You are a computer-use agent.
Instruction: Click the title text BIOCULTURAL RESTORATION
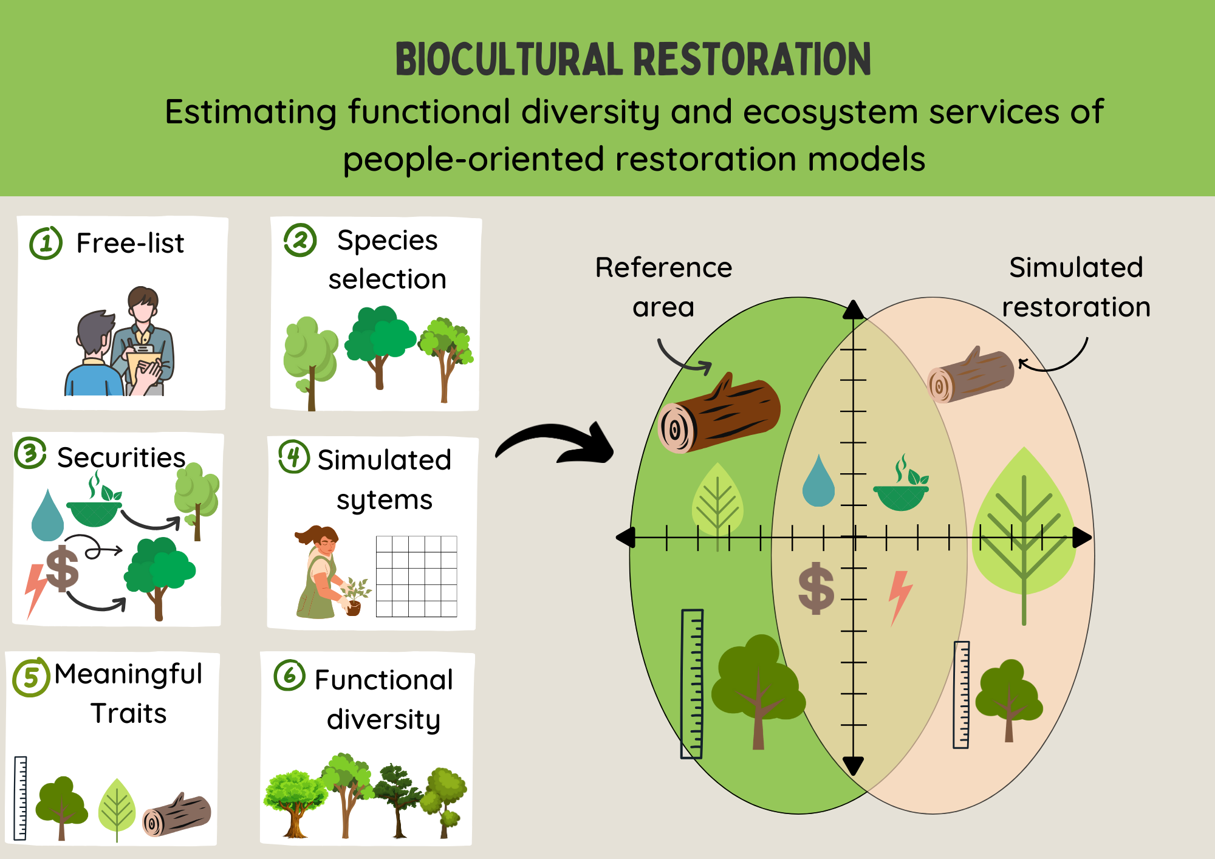coord(633,60)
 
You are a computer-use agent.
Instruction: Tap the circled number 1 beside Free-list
coord(46,243)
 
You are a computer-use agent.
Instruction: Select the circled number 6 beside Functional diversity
coord(289,675)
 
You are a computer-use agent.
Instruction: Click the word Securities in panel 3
coord(121,457)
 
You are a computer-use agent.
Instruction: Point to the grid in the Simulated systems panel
coord(416,577)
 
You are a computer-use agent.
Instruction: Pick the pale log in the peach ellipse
coord(970,375)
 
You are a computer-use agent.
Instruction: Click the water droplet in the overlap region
coord(818,482)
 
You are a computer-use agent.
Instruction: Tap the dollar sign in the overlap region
coord(816,588)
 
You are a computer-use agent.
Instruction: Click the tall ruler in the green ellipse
coord(692,684)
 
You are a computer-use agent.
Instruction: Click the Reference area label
coord(663,287)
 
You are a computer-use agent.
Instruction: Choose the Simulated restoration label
coord(1076,287)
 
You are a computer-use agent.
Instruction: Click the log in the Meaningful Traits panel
coord(177,815)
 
